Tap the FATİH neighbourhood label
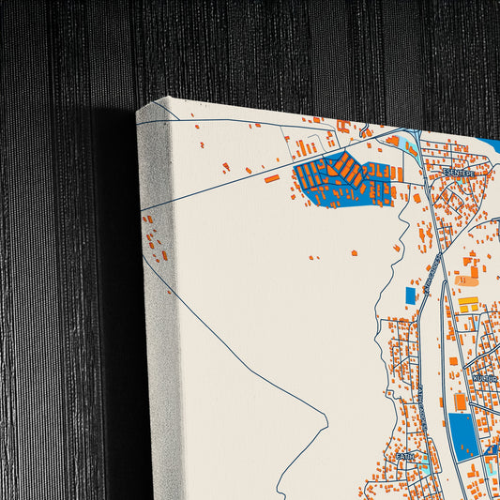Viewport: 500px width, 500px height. (404, 456)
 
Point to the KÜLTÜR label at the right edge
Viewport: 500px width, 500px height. (486, 378)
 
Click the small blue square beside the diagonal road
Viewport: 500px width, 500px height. (410, 295)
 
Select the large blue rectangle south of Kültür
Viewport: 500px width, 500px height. (463, 435)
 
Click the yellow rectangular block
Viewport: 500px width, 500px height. (467, 302)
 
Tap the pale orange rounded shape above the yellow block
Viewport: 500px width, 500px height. (466, 280)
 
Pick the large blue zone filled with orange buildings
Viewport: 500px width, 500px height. (343, 180)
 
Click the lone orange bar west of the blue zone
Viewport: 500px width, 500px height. (271, 177)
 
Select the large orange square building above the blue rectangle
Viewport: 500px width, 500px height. (460, 402)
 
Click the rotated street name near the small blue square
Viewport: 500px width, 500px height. (431, 278)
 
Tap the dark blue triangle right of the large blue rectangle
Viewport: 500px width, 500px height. (491, 451)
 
